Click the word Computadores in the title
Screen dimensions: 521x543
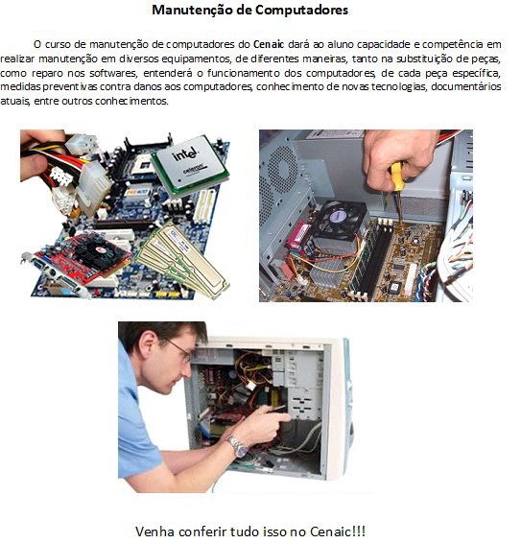(x=301, y=10)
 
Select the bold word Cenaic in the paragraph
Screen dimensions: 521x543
(x=269, y=44)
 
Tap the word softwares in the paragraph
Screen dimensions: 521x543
(x=113, y=73)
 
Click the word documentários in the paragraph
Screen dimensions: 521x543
(x=466, y=86)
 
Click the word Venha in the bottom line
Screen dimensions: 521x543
(x=154, y=531)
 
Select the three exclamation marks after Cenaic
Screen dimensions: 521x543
(x=359, y=531)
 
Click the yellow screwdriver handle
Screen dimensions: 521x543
(x=397, y=177)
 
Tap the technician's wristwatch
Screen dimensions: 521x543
(x=237, y=446)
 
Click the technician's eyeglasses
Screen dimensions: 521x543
(x=179, y=349)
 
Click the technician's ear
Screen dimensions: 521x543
(x=148, y=344)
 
